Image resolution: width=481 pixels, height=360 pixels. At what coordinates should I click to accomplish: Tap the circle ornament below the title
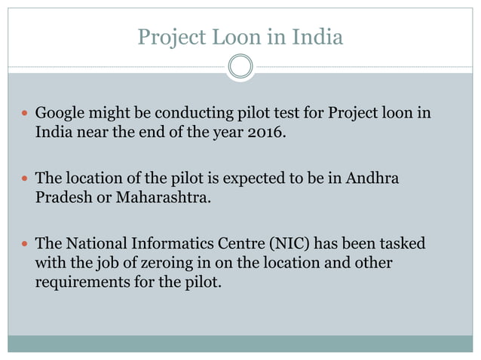tap(240, 67)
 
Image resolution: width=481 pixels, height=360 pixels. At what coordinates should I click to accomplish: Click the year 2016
tap(266, 135)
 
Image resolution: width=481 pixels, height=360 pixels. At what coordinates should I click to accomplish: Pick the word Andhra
tap(372, 178)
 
